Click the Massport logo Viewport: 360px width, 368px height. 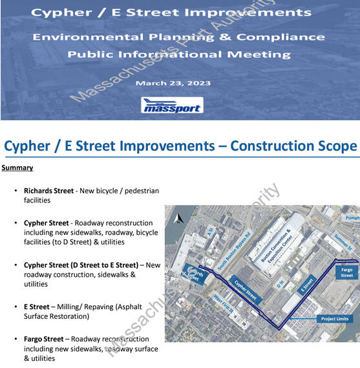(x=172, y=105)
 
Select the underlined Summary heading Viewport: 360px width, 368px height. (x=17, y=168)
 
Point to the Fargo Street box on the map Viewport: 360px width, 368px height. (x=347, y=272)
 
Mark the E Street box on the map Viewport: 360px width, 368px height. (x=309, y=284)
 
